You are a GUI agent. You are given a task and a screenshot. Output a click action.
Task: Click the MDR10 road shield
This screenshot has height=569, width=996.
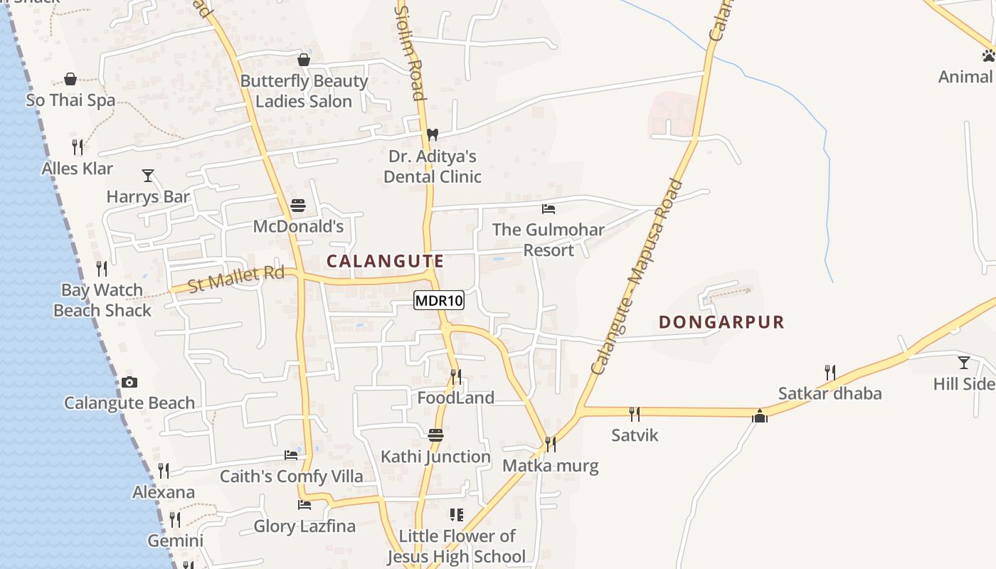pos(439,301)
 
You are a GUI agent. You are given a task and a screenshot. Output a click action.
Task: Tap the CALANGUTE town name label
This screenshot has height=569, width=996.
pos(385,261)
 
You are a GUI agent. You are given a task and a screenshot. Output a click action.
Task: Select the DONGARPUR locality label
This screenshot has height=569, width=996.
pos(721,322)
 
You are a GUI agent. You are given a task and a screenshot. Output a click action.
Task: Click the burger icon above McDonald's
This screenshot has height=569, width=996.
pos(298,206)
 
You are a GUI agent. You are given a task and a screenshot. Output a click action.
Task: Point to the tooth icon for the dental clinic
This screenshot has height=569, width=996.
pos(432,134)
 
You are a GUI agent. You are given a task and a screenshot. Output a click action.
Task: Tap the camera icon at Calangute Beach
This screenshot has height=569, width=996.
pos(129,383)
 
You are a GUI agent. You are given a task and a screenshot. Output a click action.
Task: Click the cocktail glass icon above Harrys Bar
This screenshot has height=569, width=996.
pos(148,175)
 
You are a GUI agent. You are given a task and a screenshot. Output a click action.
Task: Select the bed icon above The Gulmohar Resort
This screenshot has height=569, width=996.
pos(549,209)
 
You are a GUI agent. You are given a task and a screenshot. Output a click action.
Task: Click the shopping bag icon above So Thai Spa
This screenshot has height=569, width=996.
pos(70,78)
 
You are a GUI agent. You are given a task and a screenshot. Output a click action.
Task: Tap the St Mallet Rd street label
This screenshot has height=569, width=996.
pos(236,279)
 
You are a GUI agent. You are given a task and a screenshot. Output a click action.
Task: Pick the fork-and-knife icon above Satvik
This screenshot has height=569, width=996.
pos(635,414)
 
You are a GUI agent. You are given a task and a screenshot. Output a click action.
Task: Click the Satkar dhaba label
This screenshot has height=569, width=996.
pos(830,393)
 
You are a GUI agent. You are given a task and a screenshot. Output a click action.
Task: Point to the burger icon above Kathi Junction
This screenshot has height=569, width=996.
pos(435,435)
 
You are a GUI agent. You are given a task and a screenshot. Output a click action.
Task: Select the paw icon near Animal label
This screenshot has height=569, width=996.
pos(988,55)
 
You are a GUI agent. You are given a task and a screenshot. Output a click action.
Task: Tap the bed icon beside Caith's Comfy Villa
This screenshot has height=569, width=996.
pos(291,455)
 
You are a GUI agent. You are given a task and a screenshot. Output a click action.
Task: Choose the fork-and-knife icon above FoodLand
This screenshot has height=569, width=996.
pos(456,376)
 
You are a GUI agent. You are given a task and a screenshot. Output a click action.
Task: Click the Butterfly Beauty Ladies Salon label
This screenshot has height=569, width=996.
pos(304,91)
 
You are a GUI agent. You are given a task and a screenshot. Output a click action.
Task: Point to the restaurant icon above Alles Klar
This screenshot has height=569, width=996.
pos(78,147)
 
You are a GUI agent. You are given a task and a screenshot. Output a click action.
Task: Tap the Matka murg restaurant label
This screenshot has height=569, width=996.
pos(551,466)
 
